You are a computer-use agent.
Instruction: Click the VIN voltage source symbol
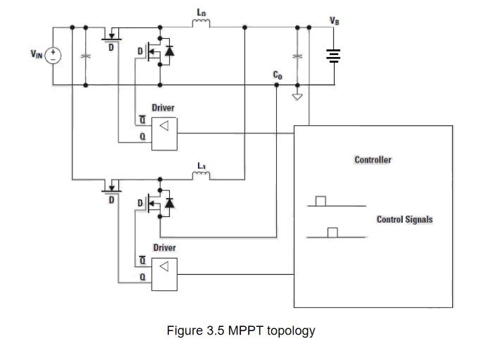coord(54,56)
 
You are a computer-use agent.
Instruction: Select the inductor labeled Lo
coord(201,25)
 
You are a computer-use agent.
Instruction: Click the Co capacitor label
coord(278,75)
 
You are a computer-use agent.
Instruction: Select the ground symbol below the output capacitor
coord(297,96)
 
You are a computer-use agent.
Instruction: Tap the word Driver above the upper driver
coord(163,108)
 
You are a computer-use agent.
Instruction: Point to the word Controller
coord(373,160)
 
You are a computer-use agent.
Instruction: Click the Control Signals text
coord(404,220)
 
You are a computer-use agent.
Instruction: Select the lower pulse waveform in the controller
coord(333,233)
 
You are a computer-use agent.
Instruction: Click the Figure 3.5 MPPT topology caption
coord(240,330)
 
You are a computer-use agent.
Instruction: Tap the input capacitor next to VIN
coord(85,56)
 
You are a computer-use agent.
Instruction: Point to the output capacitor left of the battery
coord(297,55)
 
